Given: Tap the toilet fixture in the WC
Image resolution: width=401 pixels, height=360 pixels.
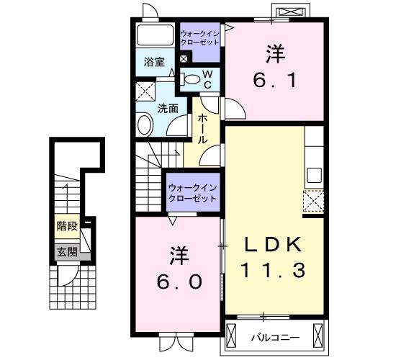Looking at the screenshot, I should click(x=192, y=79).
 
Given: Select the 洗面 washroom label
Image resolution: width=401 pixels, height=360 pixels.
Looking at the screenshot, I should click(x=168, y=109).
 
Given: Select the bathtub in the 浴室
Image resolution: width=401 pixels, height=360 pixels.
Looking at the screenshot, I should click(x=155, y=36).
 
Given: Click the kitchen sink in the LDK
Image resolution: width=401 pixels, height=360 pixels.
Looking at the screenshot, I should click(x=314, y=174).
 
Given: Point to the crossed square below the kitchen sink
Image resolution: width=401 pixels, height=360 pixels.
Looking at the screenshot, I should click(x=314, y=200).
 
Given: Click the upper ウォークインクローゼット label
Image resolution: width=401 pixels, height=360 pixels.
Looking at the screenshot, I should click(x=200, y=38).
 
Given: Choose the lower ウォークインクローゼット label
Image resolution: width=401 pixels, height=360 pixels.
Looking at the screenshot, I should click(x=192, y=192).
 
